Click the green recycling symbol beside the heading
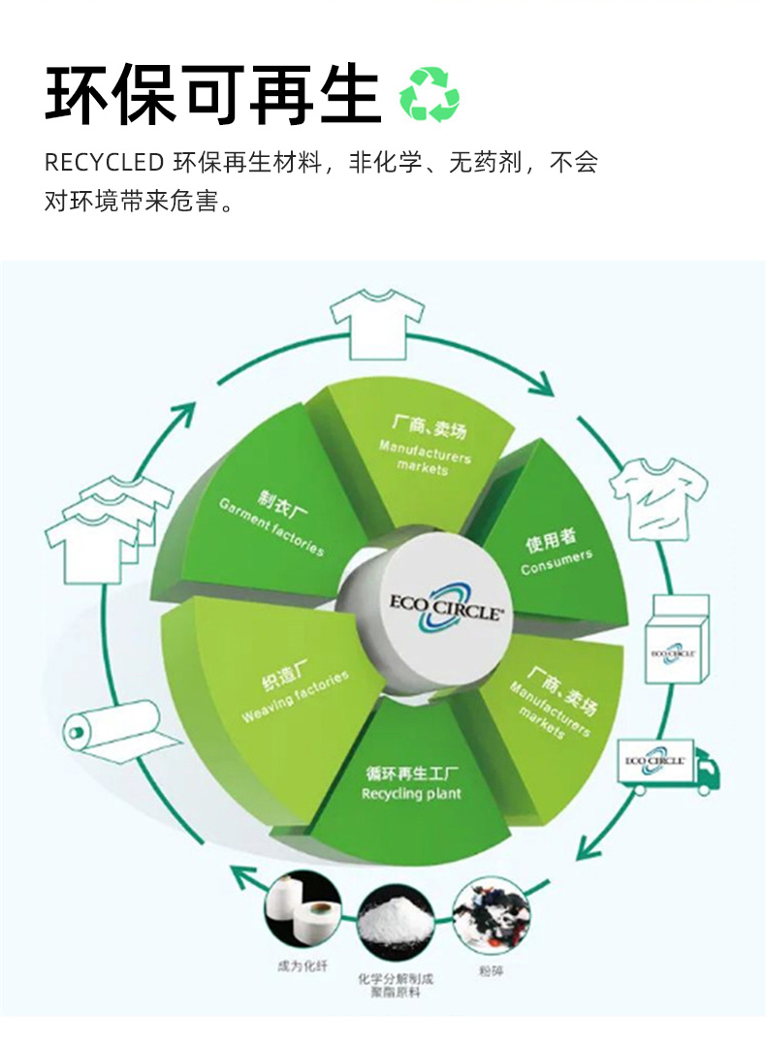pyautogui.click(x=430, y=95)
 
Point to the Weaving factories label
pyautogui.click(x=295, y=697)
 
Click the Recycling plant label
pyautogui.click(x=411, y=794)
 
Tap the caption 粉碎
pyautogui.click(x=491, y=970)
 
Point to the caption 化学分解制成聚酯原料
pyautogui.click(x=395, y=985)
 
